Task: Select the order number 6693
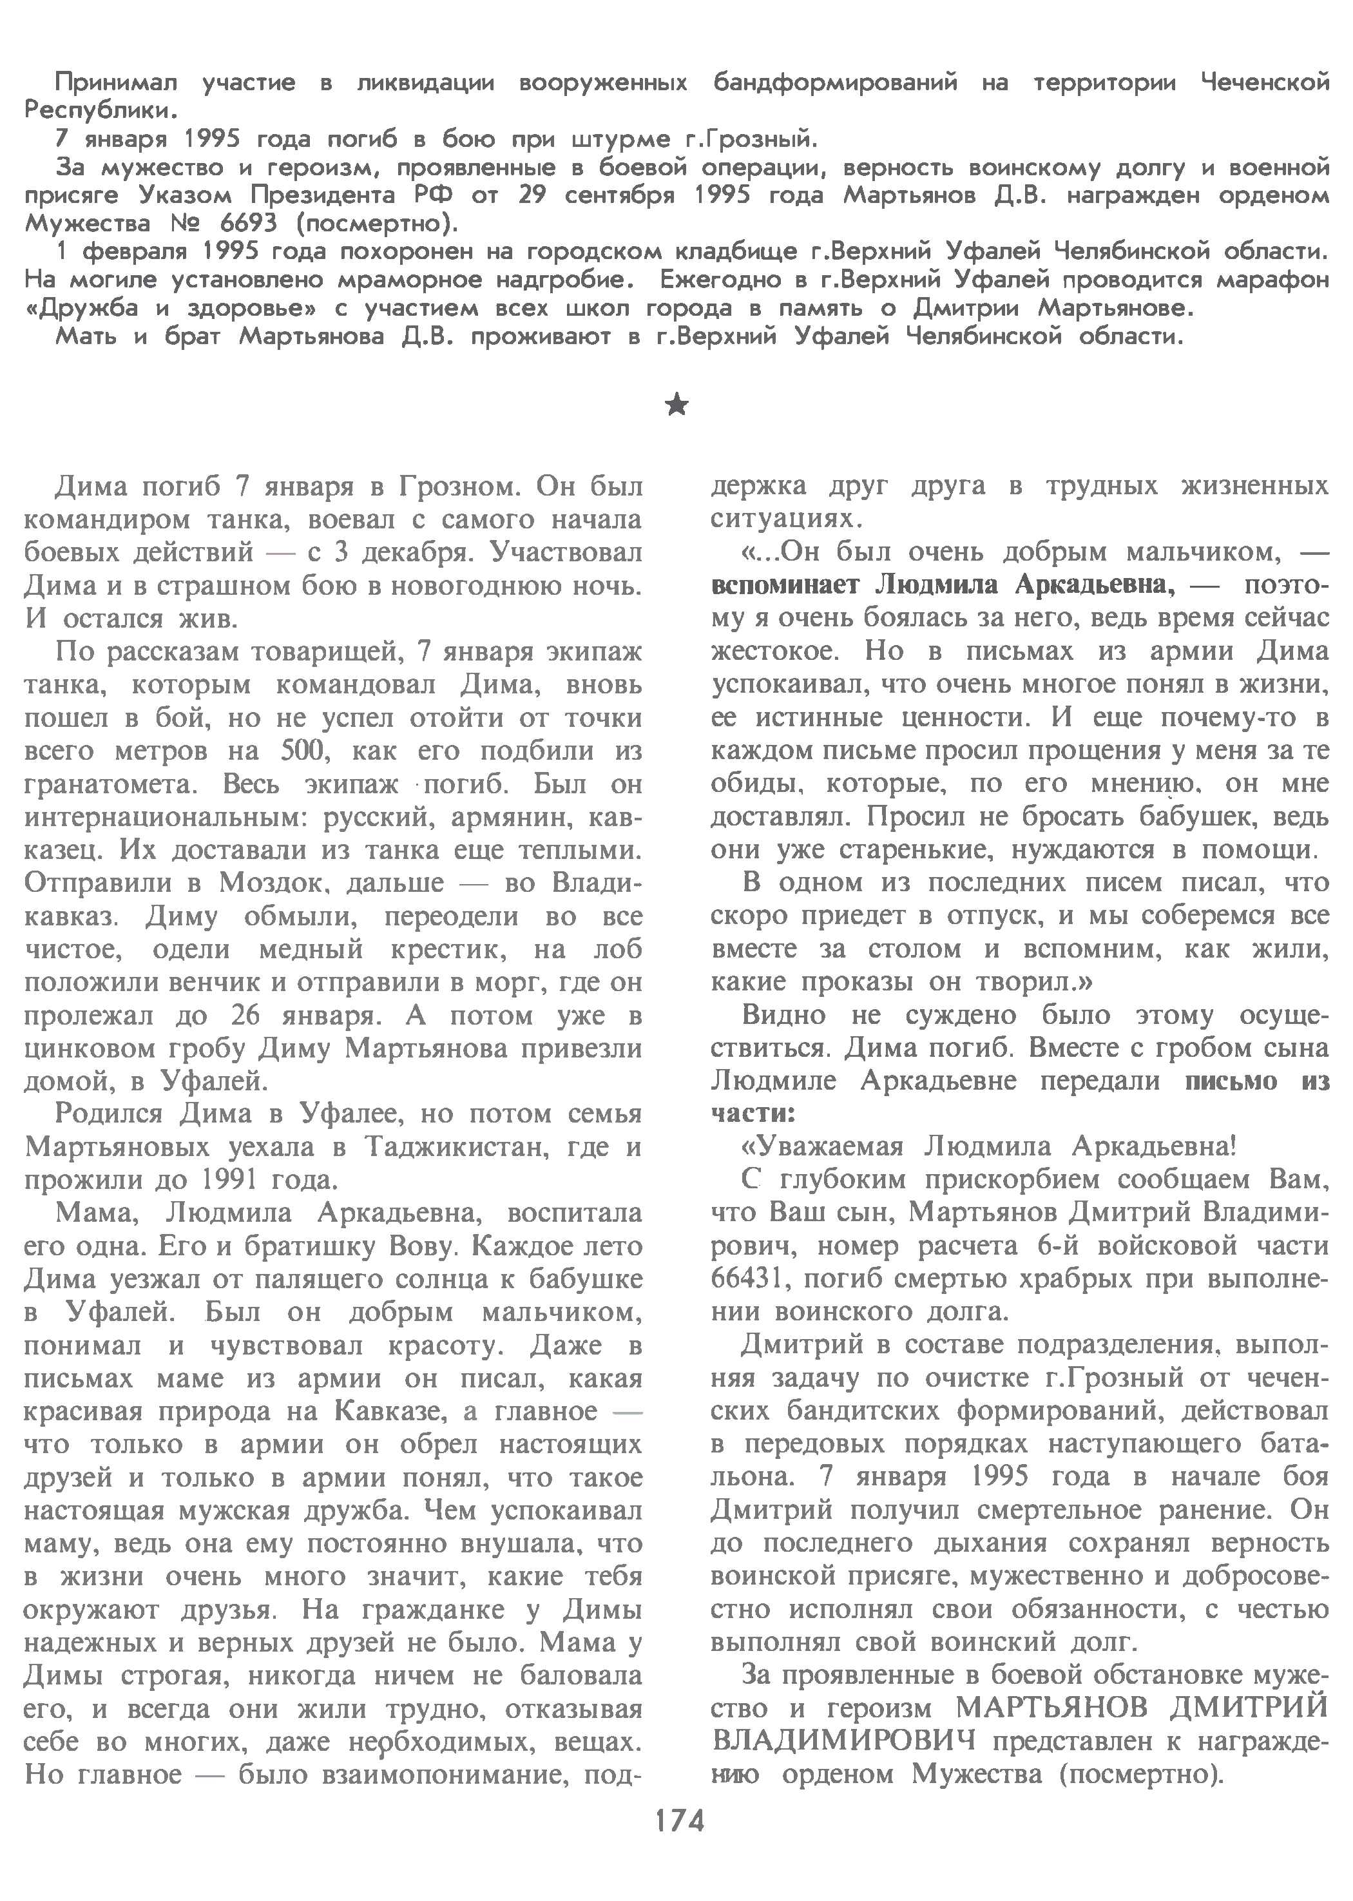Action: pyautogui.click(x=238, y=224)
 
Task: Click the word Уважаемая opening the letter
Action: pyautogui.click(x=821, y=1147)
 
